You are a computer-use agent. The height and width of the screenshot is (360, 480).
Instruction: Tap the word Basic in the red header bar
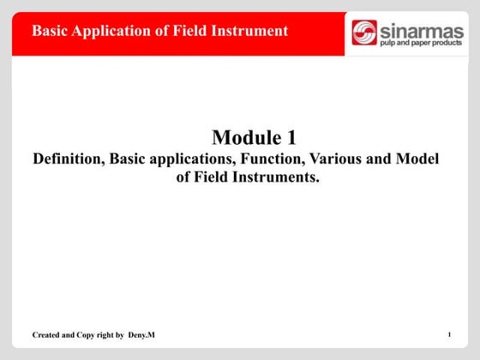50,31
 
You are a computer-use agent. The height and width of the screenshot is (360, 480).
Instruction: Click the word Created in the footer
47,333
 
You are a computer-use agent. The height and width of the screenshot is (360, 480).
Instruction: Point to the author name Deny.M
141,333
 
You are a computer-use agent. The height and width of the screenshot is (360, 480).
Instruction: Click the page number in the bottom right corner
448,333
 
